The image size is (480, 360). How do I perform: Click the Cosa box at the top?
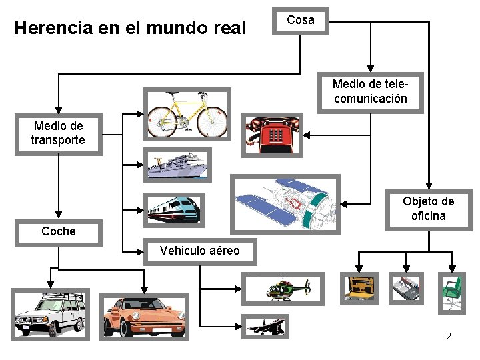tap(300, 21)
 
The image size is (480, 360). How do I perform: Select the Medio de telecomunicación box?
tap(370, 92)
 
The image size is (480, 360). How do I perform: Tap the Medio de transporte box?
tap(58, 133)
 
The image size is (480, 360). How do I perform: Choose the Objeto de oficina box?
tap(428, 208)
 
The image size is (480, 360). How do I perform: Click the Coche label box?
tap(59, 232)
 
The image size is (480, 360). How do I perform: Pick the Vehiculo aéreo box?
tap(199, 251)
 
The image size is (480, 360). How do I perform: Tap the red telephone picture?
tap(273, 134)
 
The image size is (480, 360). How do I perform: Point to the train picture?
tap(173, 209)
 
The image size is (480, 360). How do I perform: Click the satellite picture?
tap(285, 203)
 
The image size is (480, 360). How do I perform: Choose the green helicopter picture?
tap(287, 289)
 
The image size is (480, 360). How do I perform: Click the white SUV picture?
tap(51, 314)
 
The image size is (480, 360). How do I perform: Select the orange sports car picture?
tap(144, 317)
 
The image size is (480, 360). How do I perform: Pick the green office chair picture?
tap(451, 292)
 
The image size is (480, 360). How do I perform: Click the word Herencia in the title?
tap(50, 29)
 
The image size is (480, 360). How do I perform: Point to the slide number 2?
tap(449, 336)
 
